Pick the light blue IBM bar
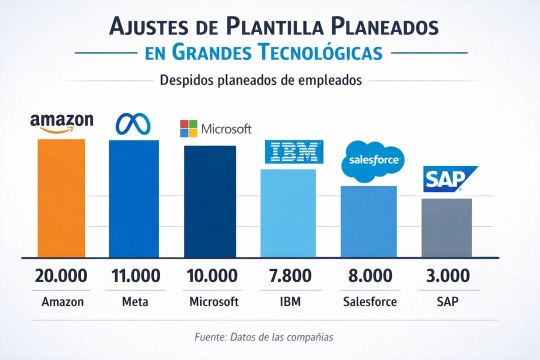click(287, 213)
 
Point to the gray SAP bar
click(446, 228)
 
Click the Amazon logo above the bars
click(61, 123)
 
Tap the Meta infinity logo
click(133, 124)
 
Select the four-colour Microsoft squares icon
click(189, 129)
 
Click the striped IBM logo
click(294, 151)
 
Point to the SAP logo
click(448, 179)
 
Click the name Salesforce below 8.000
click(370, 302)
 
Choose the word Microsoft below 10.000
click(214, 302)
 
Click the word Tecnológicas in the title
click(320, 52)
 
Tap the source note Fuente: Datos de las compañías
click(263, 337)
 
